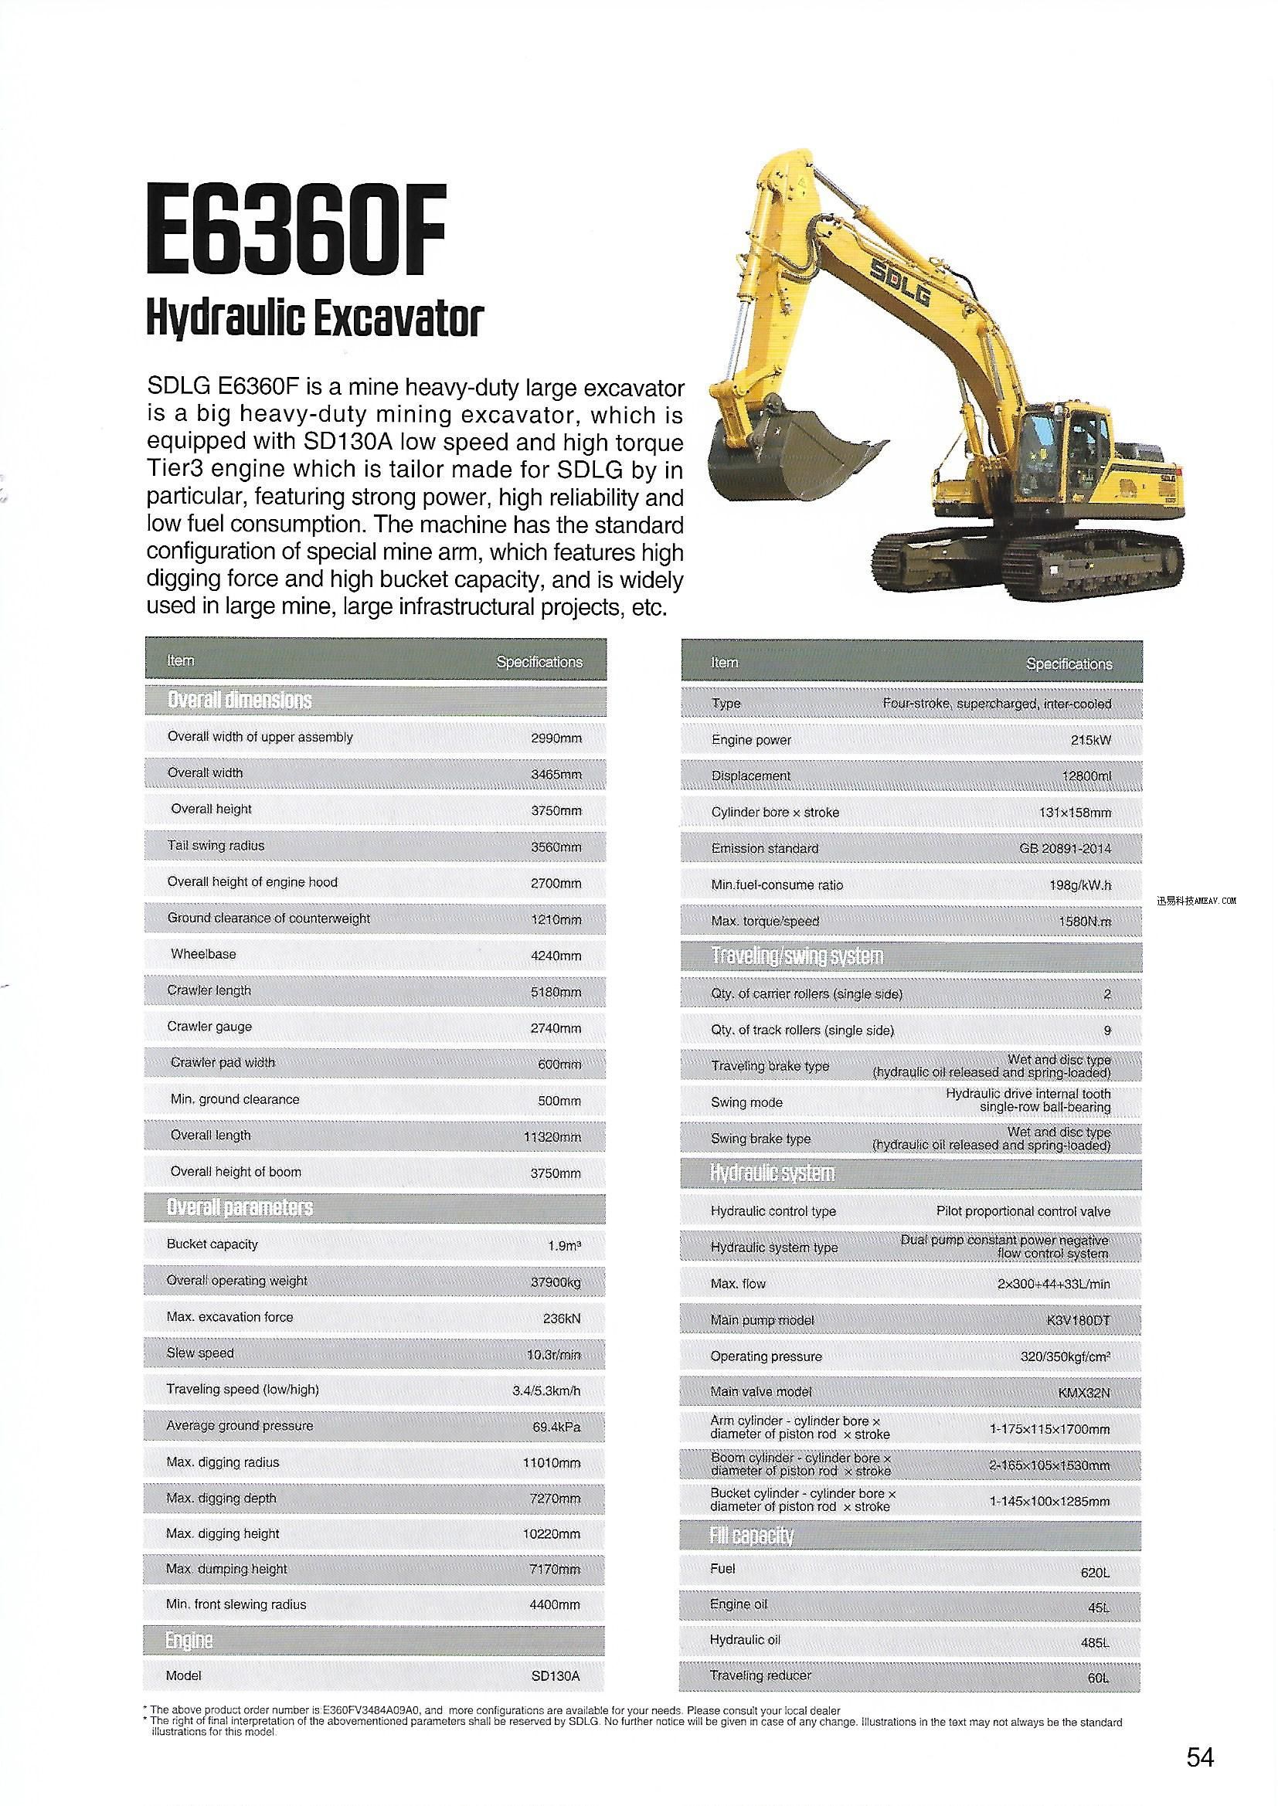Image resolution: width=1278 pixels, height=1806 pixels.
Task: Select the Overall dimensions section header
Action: (x=240, y=699)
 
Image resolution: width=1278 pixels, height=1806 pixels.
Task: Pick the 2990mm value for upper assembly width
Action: (x=556, y=738)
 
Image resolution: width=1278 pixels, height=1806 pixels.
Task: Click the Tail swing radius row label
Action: (x=216, y=846)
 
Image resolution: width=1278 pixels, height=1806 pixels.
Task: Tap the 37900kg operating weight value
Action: (x=555, y=1282)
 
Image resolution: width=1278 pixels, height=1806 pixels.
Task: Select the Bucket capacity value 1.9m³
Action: (x=563, y=1246)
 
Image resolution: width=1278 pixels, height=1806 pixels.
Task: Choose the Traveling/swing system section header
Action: (x=797, y=956)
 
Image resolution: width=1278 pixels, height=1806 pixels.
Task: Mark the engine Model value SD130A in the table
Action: (x=556, y=1676)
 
